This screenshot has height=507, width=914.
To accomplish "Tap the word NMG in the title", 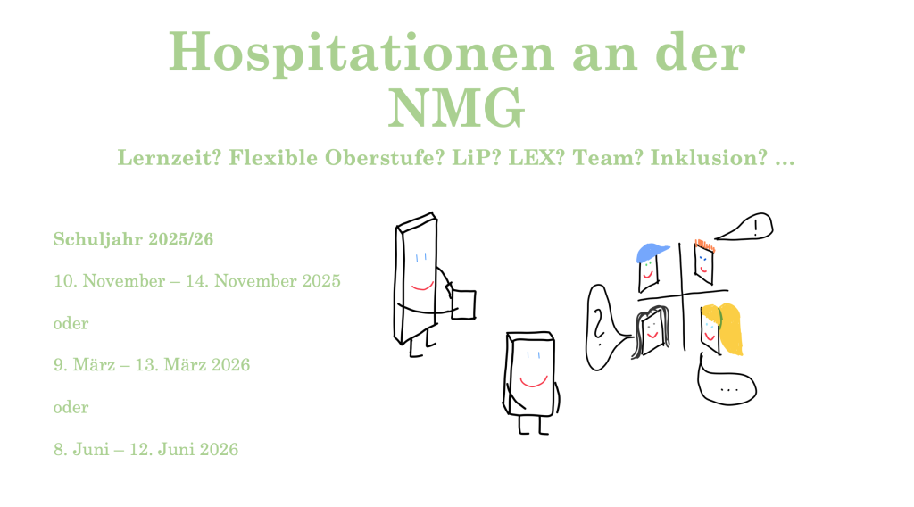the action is pos(456,108).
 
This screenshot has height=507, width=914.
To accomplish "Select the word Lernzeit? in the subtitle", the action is pos(170,158).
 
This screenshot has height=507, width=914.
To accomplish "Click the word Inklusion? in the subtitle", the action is pos(709,158).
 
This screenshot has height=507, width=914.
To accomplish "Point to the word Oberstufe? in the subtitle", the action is pos(385,158).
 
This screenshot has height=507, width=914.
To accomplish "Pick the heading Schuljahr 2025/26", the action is pos(134,239).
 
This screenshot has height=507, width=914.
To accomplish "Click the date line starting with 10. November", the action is pos(197,281).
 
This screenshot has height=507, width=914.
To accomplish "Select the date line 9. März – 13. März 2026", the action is pos(152,365).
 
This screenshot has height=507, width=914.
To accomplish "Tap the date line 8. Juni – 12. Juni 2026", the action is pos(145,449).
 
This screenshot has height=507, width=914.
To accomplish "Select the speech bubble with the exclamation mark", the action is pos(746,227).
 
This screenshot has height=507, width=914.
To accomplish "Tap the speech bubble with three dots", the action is pos(727,386).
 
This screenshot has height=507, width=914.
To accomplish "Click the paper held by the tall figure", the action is pos(463,304).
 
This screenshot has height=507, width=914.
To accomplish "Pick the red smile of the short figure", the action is pos(534,382).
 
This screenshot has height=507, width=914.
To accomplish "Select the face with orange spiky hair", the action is pos(704,261).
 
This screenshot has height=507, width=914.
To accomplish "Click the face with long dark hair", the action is pos(651,331).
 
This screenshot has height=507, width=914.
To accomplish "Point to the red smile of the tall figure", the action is pos(422,287).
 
